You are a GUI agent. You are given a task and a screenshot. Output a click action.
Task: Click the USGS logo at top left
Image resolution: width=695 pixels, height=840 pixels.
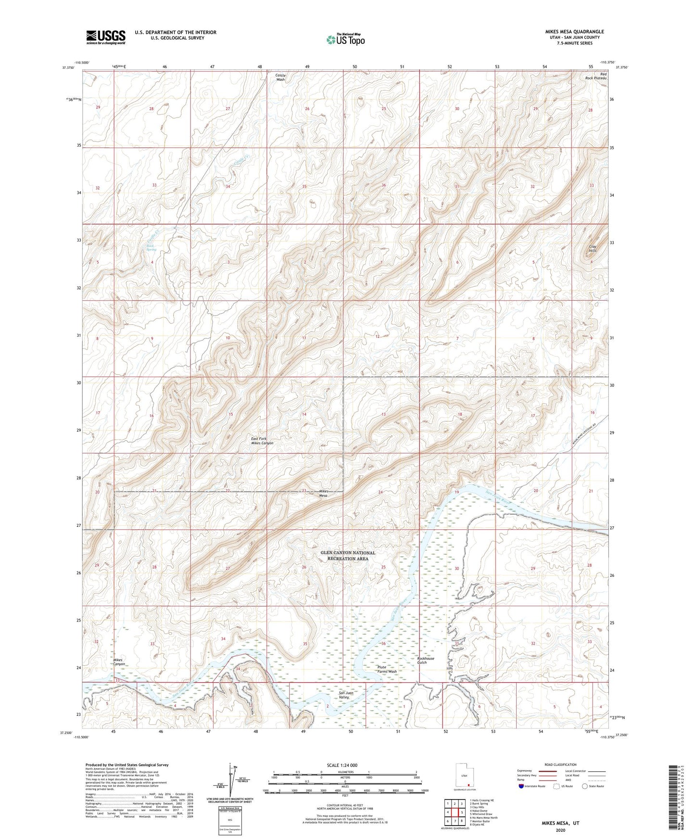(106, 37)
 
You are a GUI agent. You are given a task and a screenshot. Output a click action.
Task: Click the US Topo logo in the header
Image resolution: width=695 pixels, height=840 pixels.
(345, 39)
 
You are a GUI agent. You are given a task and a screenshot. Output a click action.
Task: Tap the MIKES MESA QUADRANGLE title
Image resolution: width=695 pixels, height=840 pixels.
(572, 32)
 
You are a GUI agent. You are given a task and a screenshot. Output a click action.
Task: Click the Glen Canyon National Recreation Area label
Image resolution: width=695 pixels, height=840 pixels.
(348, 556)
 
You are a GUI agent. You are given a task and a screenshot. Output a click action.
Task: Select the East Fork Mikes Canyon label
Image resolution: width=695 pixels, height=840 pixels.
(262, 441)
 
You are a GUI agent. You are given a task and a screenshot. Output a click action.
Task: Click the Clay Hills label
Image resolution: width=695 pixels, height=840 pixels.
(593, 249)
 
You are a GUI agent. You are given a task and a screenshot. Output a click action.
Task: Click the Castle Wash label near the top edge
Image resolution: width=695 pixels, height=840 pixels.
(280, 77)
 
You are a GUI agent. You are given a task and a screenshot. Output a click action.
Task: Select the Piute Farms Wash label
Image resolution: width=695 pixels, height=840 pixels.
(387, 669)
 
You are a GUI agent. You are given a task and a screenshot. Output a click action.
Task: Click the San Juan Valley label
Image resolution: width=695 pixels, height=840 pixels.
(346, 695)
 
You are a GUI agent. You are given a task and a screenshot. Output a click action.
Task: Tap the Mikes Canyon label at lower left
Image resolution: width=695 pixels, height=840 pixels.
(119, 662)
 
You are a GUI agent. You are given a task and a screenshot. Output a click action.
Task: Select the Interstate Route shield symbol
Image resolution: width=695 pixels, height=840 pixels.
(522, 786)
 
